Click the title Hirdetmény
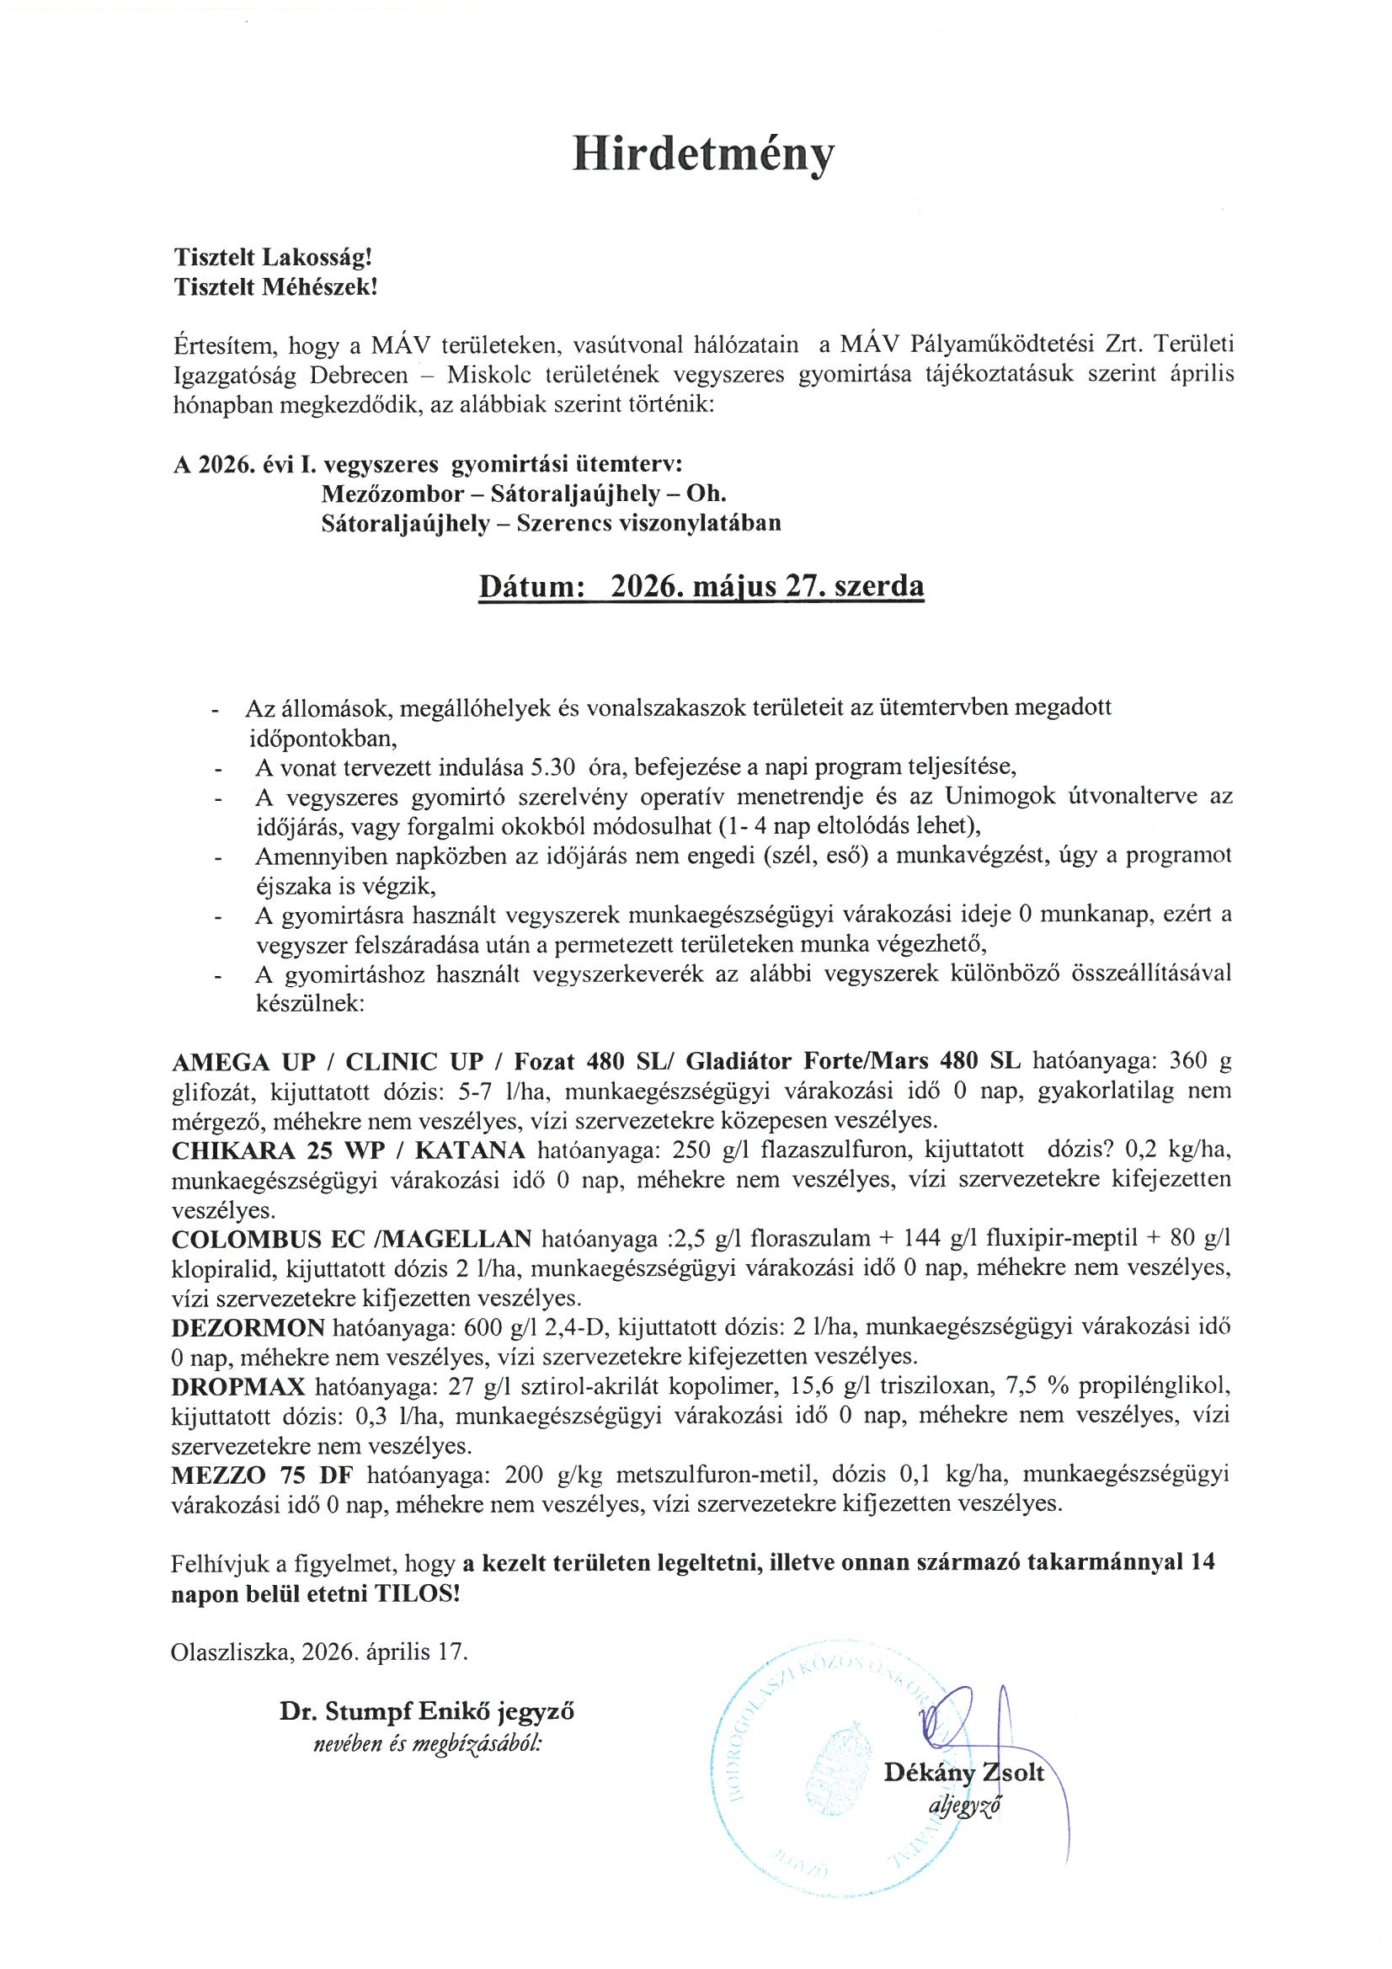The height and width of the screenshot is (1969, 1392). coord(702,155)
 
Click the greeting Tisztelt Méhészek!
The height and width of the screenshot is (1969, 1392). coord(275,287)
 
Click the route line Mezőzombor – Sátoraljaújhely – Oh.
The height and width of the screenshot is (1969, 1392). coord(523,494)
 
